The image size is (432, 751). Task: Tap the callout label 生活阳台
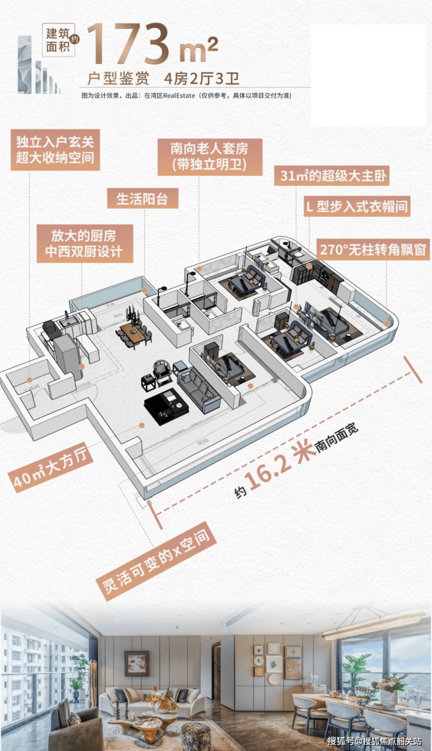pyautogui.click(x=142, y=199)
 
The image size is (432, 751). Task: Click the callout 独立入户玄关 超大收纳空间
pyautogui.click(x=55, y=150)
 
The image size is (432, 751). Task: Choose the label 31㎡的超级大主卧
pyautogui.click(x=331, y=176)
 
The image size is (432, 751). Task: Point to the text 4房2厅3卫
pyautogui.click(x=202, y=78)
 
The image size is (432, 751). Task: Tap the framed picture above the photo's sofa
pyautogui.click(x=137, y=663)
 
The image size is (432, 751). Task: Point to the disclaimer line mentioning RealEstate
pyautogui.click(x=186, y=95)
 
